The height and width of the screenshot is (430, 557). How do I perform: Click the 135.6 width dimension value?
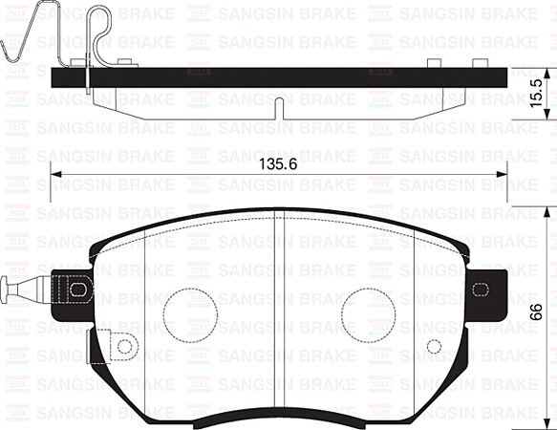278,164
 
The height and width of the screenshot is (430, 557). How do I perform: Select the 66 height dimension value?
538,312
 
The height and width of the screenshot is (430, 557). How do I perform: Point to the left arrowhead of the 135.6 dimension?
55,174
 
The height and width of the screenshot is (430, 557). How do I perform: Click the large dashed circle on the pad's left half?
191,313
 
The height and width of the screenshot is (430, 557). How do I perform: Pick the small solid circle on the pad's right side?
434,346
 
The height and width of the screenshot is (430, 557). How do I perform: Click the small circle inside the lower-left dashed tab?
124,346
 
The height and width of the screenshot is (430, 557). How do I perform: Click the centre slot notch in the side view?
277,107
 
